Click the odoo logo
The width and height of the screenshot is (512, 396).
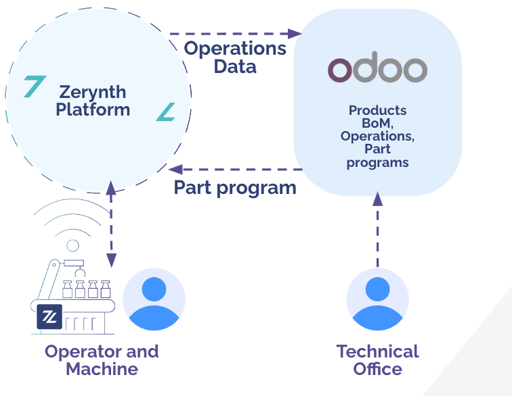[x=377, y=69]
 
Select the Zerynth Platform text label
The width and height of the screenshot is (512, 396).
[x=93, y=100]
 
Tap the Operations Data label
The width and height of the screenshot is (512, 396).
[x=235, y=57]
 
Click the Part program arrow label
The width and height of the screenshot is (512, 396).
[x=235, y=187]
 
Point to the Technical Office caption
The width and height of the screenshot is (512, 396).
[x=377, y=360]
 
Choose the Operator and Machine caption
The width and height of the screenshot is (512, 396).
[x=102, y=360]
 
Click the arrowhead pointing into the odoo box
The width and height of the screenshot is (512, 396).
[x=295, y=33]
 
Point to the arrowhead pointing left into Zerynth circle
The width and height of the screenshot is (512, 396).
[x=175, y=169]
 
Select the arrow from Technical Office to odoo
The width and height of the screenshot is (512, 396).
[x=377, y=230]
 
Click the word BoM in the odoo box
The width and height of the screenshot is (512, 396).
[x=377, y=123]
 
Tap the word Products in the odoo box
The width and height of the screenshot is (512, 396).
[x=377, y=110]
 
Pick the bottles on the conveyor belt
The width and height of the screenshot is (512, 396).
[x=86, y=290]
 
